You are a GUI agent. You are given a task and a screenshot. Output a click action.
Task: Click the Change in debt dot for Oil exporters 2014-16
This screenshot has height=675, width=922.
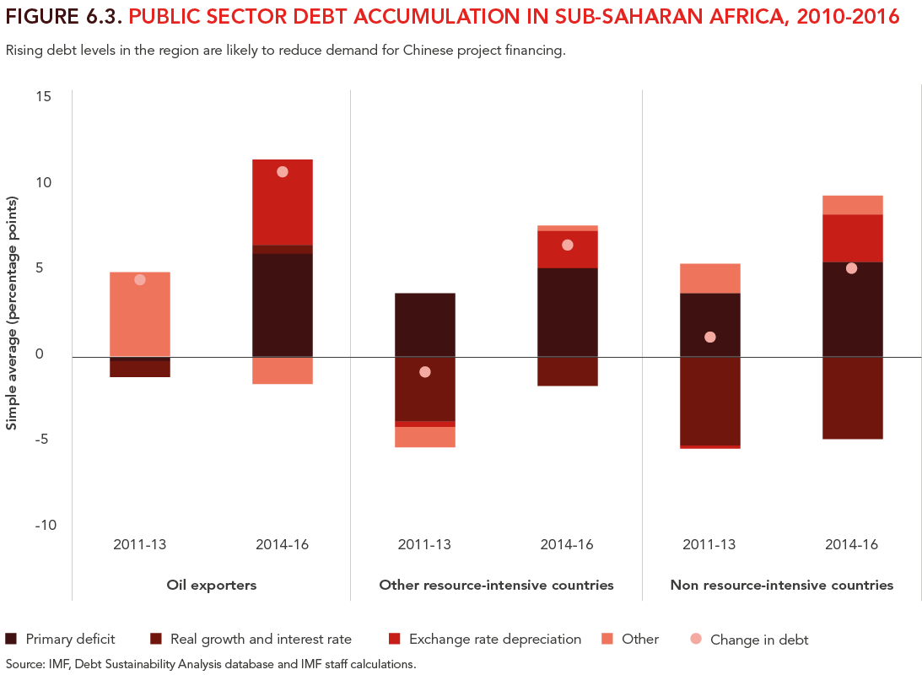[283, 172]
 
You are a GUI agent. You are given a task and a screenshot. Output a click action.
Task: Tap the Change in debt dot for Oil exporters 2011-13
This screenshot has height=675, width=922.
[140, 280]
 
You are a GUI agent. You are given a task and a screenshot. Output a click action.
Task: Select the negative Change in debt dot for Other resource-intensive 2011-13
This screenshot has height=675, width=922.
[425, 372]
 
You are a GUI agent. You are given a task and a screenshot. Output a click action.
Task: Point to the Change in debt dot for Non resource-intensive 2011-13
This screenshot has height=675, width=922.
[710, 337]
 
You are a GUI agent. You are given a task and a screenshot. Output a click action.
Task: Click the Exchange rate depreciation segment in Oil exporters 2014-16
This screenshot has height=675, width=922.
[283, 202]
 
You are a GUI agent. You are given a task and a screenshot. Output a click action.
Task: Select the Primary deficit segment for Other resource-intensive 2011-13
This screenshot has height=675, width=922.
[425, 325]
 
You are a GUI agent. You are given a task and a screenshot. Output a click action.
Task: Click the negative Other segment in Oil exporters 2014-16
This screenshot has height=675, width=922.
[283, 371]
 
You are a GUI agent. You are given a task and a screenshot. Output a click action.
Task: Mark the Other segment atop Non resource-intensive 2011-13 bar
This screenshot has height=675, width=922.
[710, 278]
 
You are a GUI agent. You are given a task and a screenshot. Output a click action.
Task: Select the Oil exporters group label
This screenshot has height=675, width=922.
[211, 585]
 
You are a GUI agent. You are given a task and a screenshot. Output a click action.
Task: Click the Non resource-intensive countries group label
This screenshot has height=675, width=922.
[781, 585]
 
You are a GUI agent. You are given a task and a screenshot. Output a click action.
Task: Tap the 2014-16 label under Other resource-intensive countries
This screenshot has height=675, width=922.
[567, 544]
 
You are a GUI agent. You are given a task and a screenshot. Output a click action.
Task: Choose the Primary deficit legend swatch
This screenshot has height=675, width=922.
[11, 639]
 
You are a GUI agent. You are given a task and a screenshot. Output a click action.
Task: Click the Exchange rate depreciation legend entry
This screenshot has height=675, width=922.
[494, 639]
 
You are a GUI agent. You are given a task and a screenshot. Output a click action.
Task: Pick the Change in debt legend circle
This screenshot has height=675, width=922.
[695, 640]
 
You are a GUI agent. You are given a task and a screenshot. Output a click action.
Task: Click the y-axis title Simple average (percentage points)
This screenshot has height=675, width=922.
[12, 314]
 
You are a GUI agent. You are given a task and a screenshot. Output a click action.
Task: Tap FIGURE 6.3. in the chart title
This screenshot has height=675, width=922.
[64, 17]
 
